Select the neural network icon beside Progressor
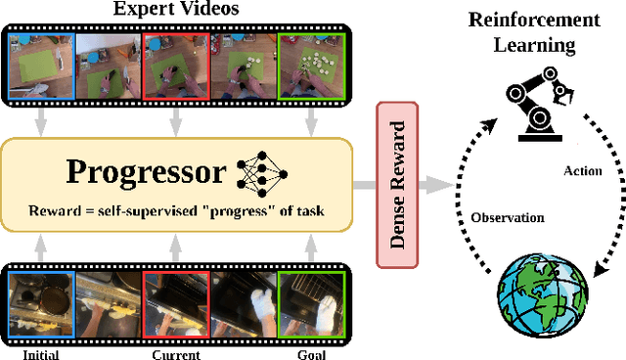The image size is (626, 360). pyautogui.click(x=260, y=172)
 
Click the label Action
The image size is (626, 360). pyautogui.click(x=583, y=170)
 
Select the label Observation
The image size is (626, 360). pyautogui.click(x=508, y=217)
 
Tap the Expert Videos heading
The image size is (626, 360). pyautogui.click(x=176, y=10)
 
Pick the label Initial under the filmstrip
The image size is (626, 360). pyautogui.click(x=39, y=353)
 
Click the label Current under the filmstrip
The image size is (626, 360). pyautogui.click(x=175, y=353)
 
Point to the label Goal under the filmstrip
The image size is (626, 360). pyautogui.click(x=311, y=353)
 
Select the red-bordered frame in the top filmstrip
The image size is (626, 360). pyautogui.click(x=175, y=67)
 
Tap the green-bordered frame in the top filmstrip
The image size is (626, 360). pyautogui.click(x=310, y=67)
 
